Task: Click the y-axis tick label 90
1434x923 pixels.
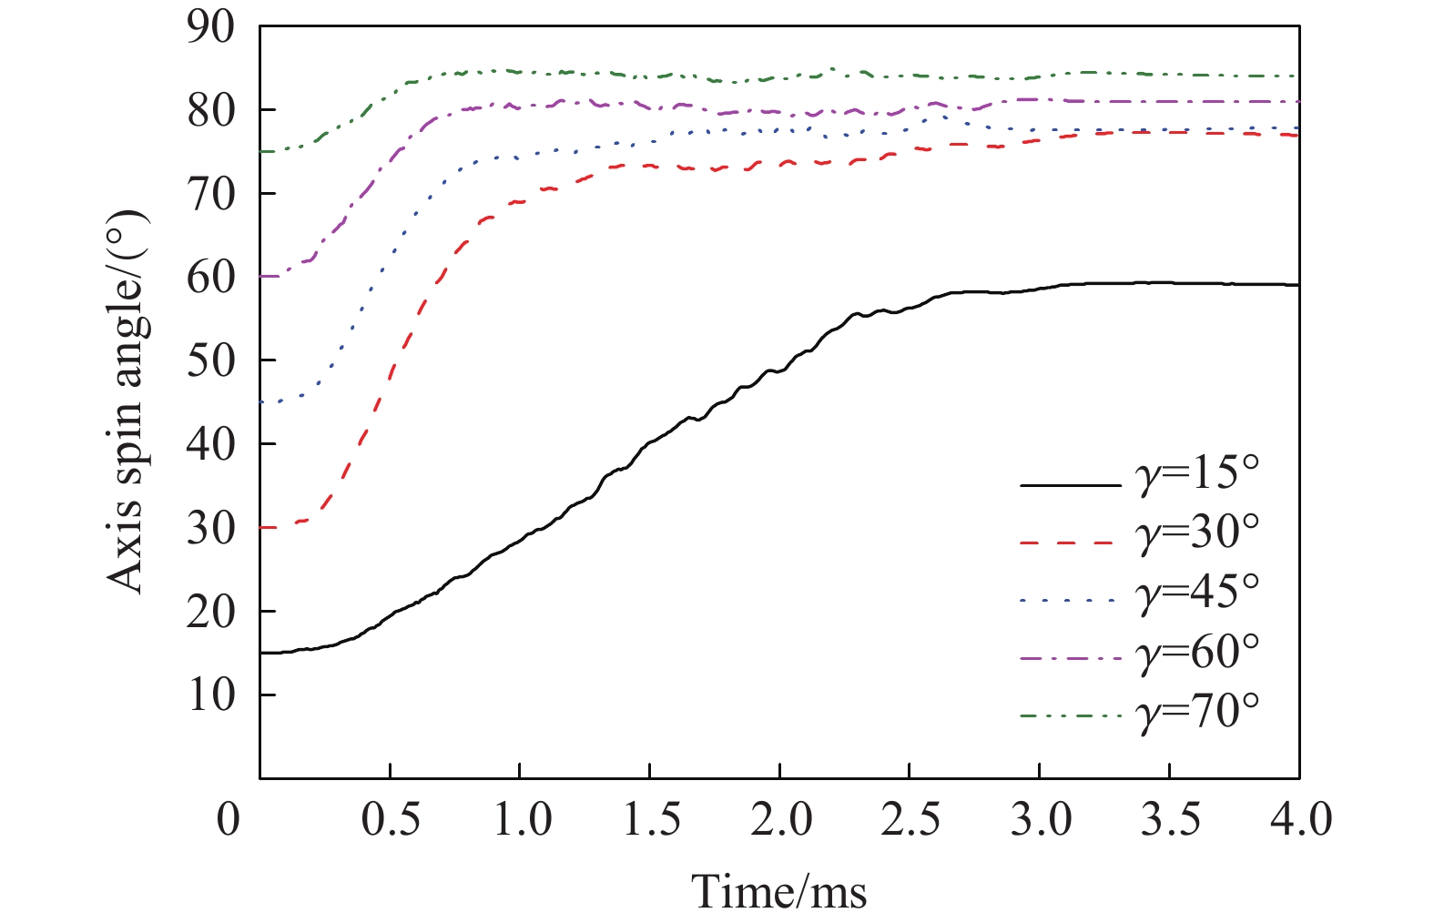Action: [210, 27]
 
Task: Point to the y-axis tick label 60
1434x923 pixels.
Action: [210, 278]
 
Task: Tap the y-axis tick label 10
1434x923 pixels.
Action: [210, 695]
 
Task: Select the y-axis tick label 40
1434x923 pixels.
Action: [210, 444]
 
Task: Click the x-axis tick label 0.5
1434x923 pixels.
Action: [391, 819]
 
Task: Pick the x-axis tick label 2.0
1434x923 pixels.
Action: [780, 819]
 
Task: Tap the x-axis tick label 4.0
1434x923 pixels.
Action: [1299, 819]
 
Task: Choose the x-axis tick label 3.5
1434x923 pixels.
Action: [1170, 819]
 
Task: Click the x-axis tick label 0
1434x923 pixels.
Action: [229, 819]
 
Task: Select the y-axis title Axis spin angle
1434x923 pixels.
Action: [127, 401]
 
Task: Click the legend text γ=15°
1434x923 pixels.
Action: [1198, 475]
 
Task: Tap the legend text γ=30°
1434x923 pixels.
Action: [1198, 533]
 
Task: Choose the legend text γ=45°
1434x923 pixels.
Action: [1198, 593]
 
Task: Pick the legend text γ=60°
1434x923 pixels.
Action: [1198, 652]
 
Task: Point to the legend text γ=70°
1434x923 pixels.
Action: [1198, 711]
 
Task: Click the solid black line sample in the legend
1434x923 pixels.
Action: [1070, 485]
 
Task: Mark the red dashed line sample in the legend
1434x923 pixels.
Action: [1070, 543]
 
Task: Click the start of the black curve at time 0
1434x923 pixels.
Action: [261, 653]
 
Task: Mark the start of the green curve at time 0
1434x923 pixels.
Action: [261, 151]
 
